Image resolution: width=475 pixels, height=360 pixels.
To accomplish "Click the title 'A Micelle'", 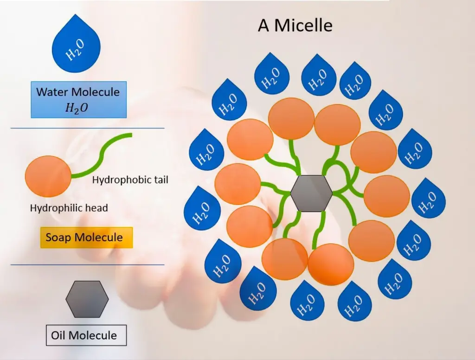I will coord(295,25).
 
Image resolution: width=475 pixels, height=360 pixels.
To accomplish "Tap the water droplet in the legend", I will coord(76,46).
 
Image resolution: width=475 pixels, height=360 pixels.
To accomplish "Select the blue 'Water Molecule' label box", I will coord(78,99).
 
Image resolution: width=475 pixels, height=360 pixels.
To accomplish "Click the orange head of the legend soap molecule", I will coord(49,177).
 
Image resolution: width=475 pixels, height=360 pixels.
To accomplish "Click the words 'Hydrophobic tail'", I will coord(130,180).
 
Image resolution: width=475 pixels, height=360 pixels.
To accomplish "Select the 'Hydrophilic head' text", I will coord(69,208).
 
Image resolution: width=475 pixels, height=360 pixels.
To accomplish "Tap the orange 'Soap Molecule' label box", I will coord(84,238).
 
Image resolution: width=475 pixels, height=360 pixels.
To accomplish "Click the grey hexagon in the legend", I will coord(87,299).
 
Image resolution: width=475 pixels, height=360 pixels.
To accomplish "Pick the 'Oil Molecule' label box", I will coord(86,335).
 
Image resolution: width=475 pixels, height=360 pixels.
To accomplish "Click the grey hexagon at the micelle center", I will coord(311,193).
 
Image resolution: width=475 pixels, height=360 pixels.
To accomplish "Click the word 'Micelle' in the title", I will coord(303,25).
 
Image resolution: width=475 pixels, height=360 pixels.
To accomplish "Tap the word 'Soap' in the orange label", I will coord(58,238).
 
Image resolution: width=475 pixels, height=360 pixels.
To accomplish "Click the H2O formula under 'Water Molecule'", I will coord(77,109).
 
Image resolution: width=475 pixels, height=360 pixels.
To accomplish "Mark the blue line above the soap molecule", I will coord(87,128).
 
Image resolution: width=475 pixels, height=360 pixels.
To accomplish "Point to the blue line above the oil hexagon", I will coord(87,265).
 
